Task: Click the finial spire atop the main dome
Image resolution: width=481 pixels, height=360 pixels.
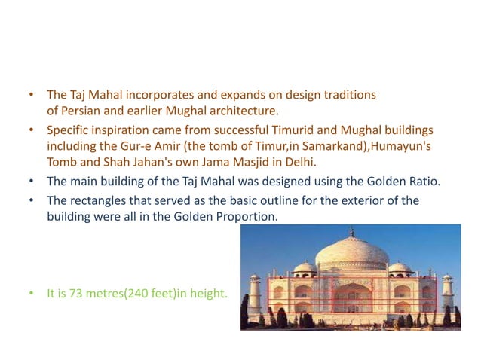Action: [351, 232]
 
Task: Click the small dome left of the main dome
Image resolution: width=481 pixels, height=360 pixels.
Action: [305, 267]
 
